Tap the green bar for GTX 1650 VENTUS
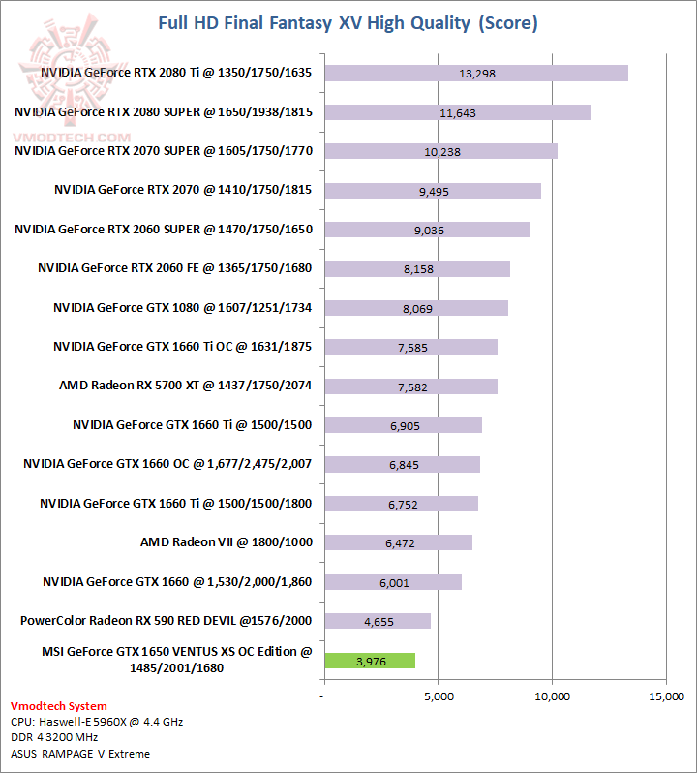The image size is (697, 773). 369,661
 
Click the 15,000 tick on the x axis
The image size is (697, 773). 666,696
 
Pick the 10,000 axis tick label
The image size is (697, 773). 552,696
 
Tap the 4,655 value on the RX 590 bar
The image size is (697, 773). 379,622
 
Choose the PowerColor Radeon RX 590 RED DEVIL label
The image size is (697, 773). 166,620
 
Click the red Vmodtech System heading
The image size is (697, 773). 59,706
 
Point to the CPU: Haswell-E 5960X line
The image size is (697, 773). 97,722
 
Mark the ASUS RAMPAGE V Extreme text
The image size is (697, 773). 80,753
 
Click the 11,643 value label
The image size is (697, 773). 457,113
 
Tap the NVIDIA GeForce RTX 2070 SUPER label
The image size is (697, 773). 164,151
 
